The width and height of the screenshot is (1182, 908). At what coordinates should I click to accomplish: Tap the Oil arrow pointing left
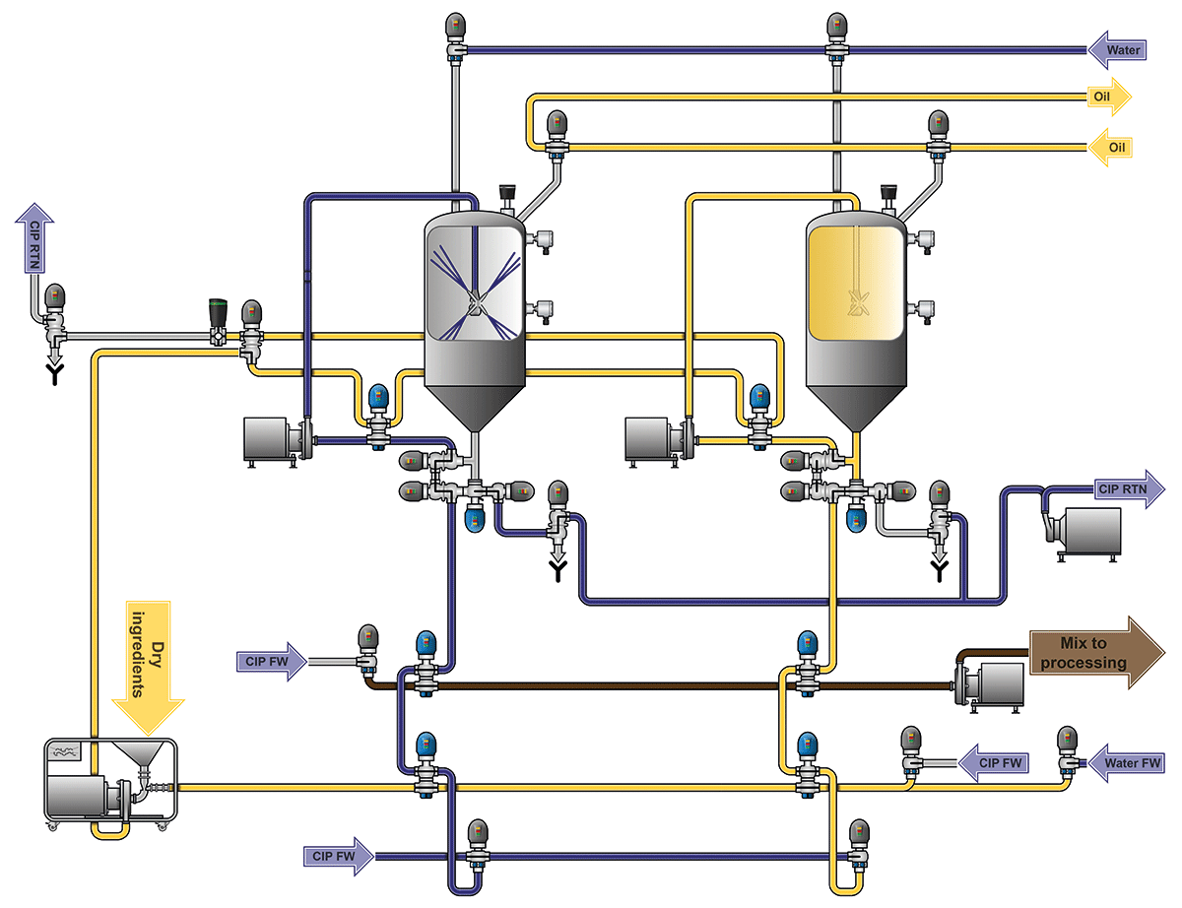tap(1110, 147)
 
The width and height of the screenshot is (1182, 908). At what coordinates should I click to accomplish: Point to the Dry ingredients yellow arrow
tap(149, 660)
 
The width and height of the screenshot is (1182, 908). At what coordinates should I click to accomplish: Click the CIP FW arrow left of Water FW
tap(995, 762)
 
